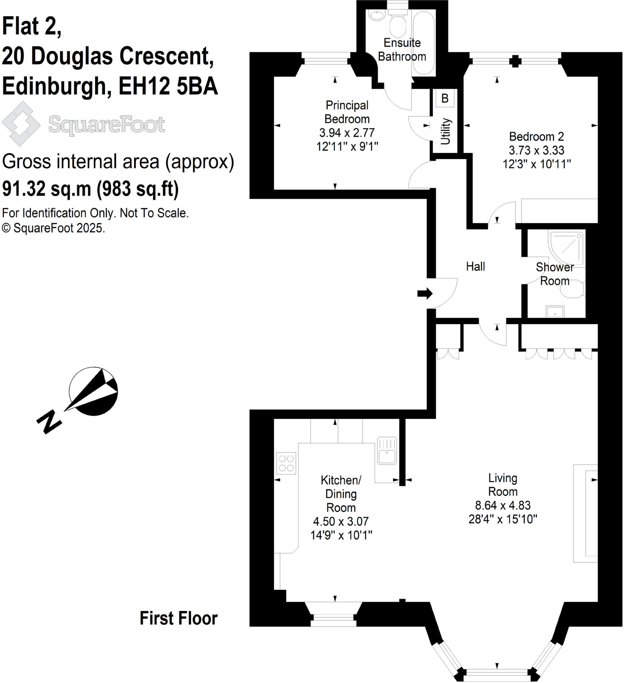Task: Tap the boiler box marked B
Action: click(445, 99)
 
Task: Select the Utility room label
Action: click(445, 131)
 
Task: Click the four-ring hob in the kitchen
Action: click(286, 463)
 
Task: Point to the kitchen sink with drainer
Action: click(387, 451)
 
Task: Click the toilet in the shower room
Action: click(573, 289)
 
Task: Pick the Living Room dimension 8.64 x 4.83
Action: click(503, 505)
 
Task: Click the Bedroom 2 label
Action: click(536, 136)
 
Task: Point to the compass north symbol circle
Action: click(93, 391)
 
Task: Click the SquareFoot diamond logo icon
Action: click(21, 124)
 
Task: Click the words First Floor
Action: click(178, 618)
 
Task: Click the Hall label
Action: click(475, 266)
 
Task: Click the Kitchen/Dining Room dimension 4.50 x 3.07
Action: click(341, 521)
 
